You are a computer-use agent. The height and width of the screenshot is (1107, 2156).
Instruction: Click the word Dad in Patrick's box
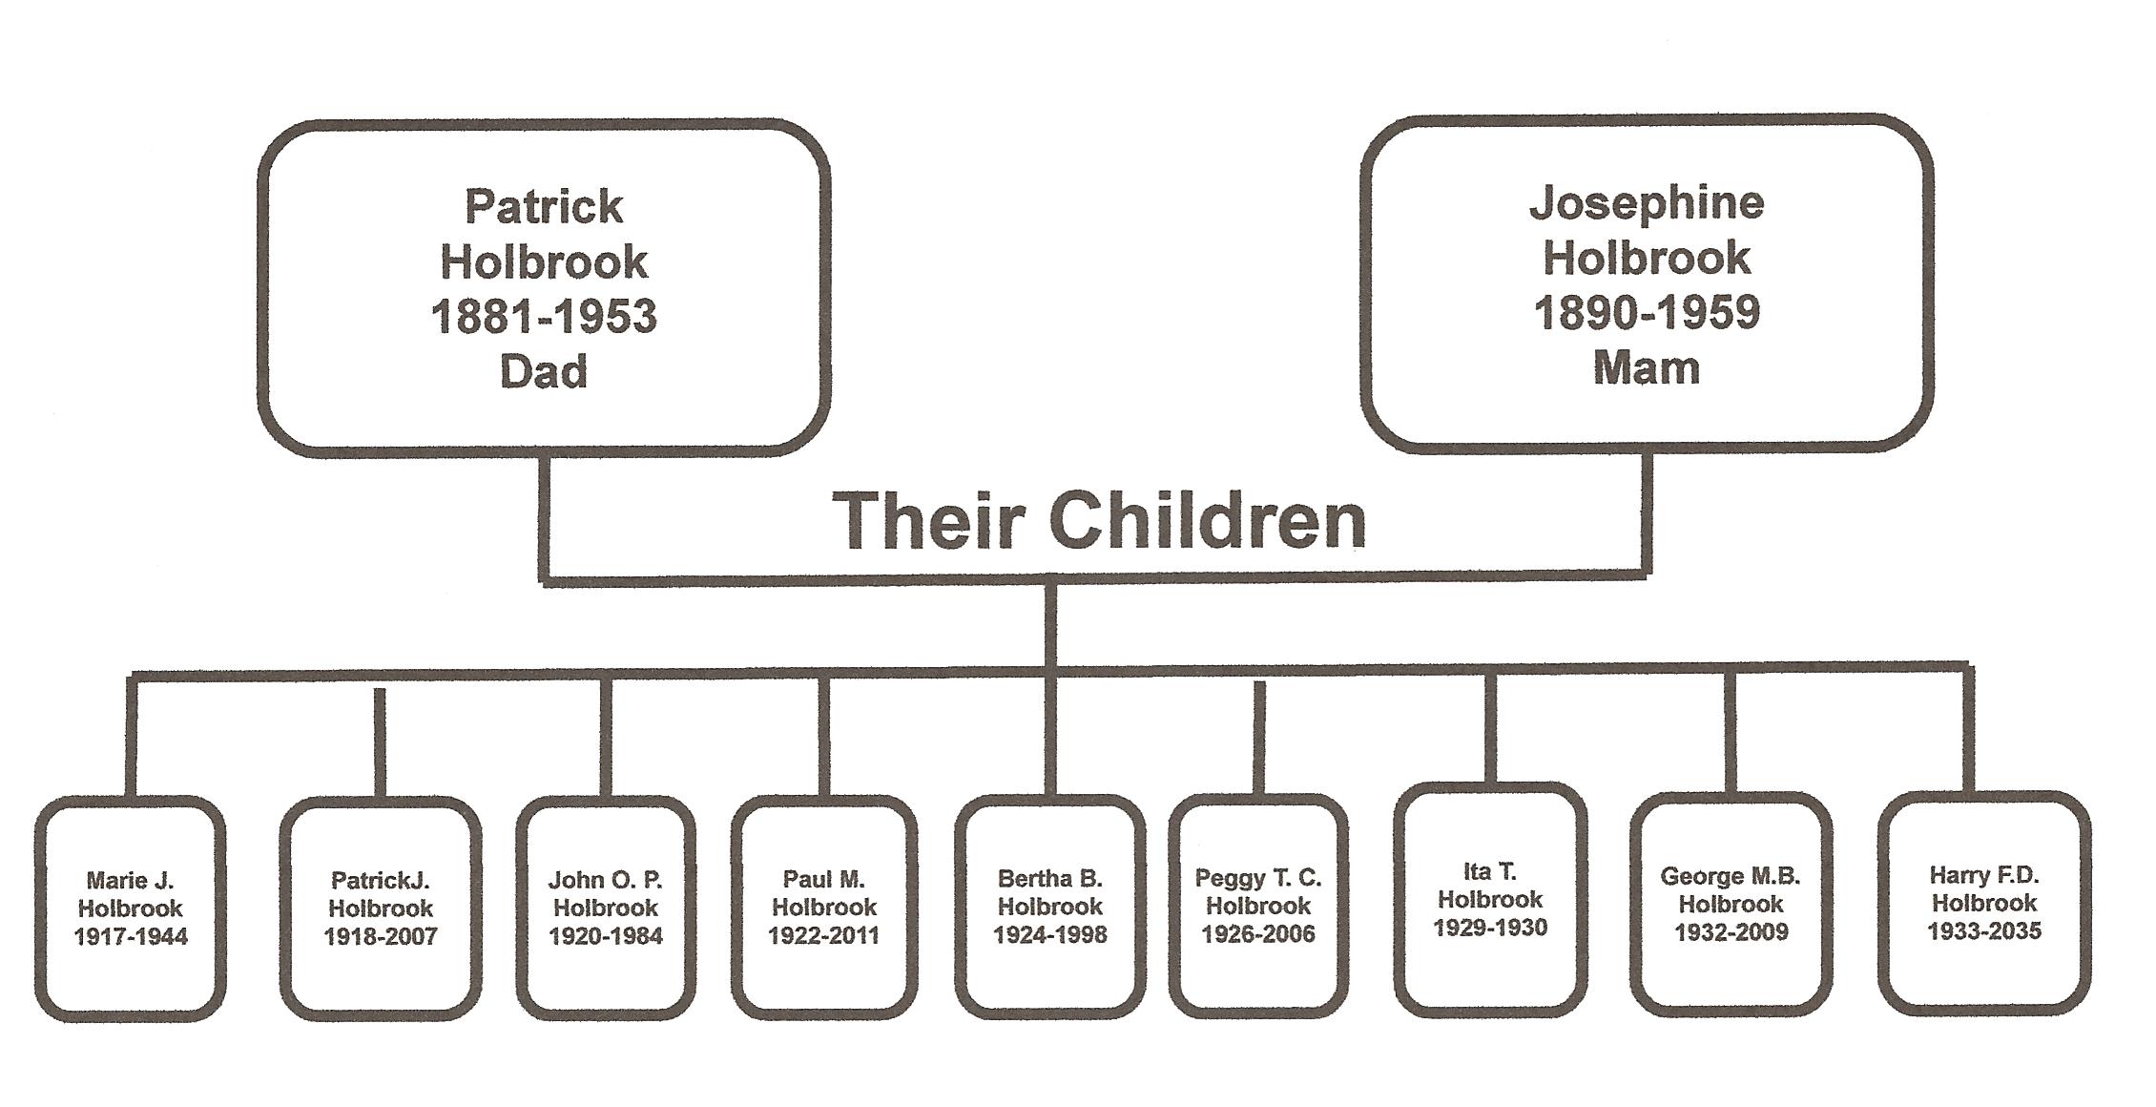tap(544, 371)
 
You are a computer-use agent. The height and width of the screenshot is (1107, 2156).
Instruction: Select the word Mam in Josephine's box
tap(1647, 367)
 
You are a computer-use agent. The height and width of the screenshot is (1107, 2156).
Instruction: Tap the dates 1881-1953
tap(544, 317)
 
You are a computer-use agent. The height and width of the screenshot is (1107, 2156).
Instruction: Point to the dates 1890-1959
tap(1647, 313)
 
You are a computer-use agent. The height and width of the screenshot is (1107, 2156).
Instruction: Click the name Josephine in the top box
tap(1647, 202)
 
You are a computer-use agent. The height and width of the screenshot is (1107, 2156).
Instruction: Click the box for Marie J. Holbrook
tap(131, 908)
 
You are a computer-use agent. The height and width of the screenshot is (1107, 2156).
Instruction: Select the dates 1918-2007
tap(381, 936)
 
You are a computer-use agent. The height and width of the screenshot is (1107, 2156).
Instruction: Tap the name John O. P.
tap(605, 879)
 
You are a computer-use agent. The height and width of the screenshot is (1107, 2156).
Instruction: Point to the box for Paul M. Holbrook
tap(824, 907)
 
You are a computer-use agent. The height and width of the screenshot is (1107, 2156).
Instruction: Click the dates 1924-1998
tap(1050, 934)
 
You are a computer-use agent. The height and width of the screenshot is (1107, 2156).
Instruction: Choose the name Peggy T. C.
tap(1258, 877)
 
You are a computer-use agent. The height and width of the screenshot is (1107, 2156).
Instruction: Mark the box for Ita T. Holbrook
tap(1490, 899)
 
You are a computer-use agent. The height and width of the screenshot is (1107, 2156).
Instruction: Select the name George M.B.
tap(1731, 875)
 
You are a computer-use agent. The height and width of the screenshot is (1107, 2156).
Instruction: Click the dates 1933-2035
tap(1984, 930)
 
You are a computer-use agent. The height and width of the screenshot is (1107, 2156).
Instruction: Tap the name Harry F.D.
tap(1984, 875)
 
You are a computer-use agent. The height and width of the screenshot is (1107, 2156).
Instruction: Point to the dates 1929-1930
tap(1490, 928)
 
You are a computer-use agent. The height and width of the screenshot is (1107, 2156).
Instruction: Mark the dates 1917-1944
tap(131, 936)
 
